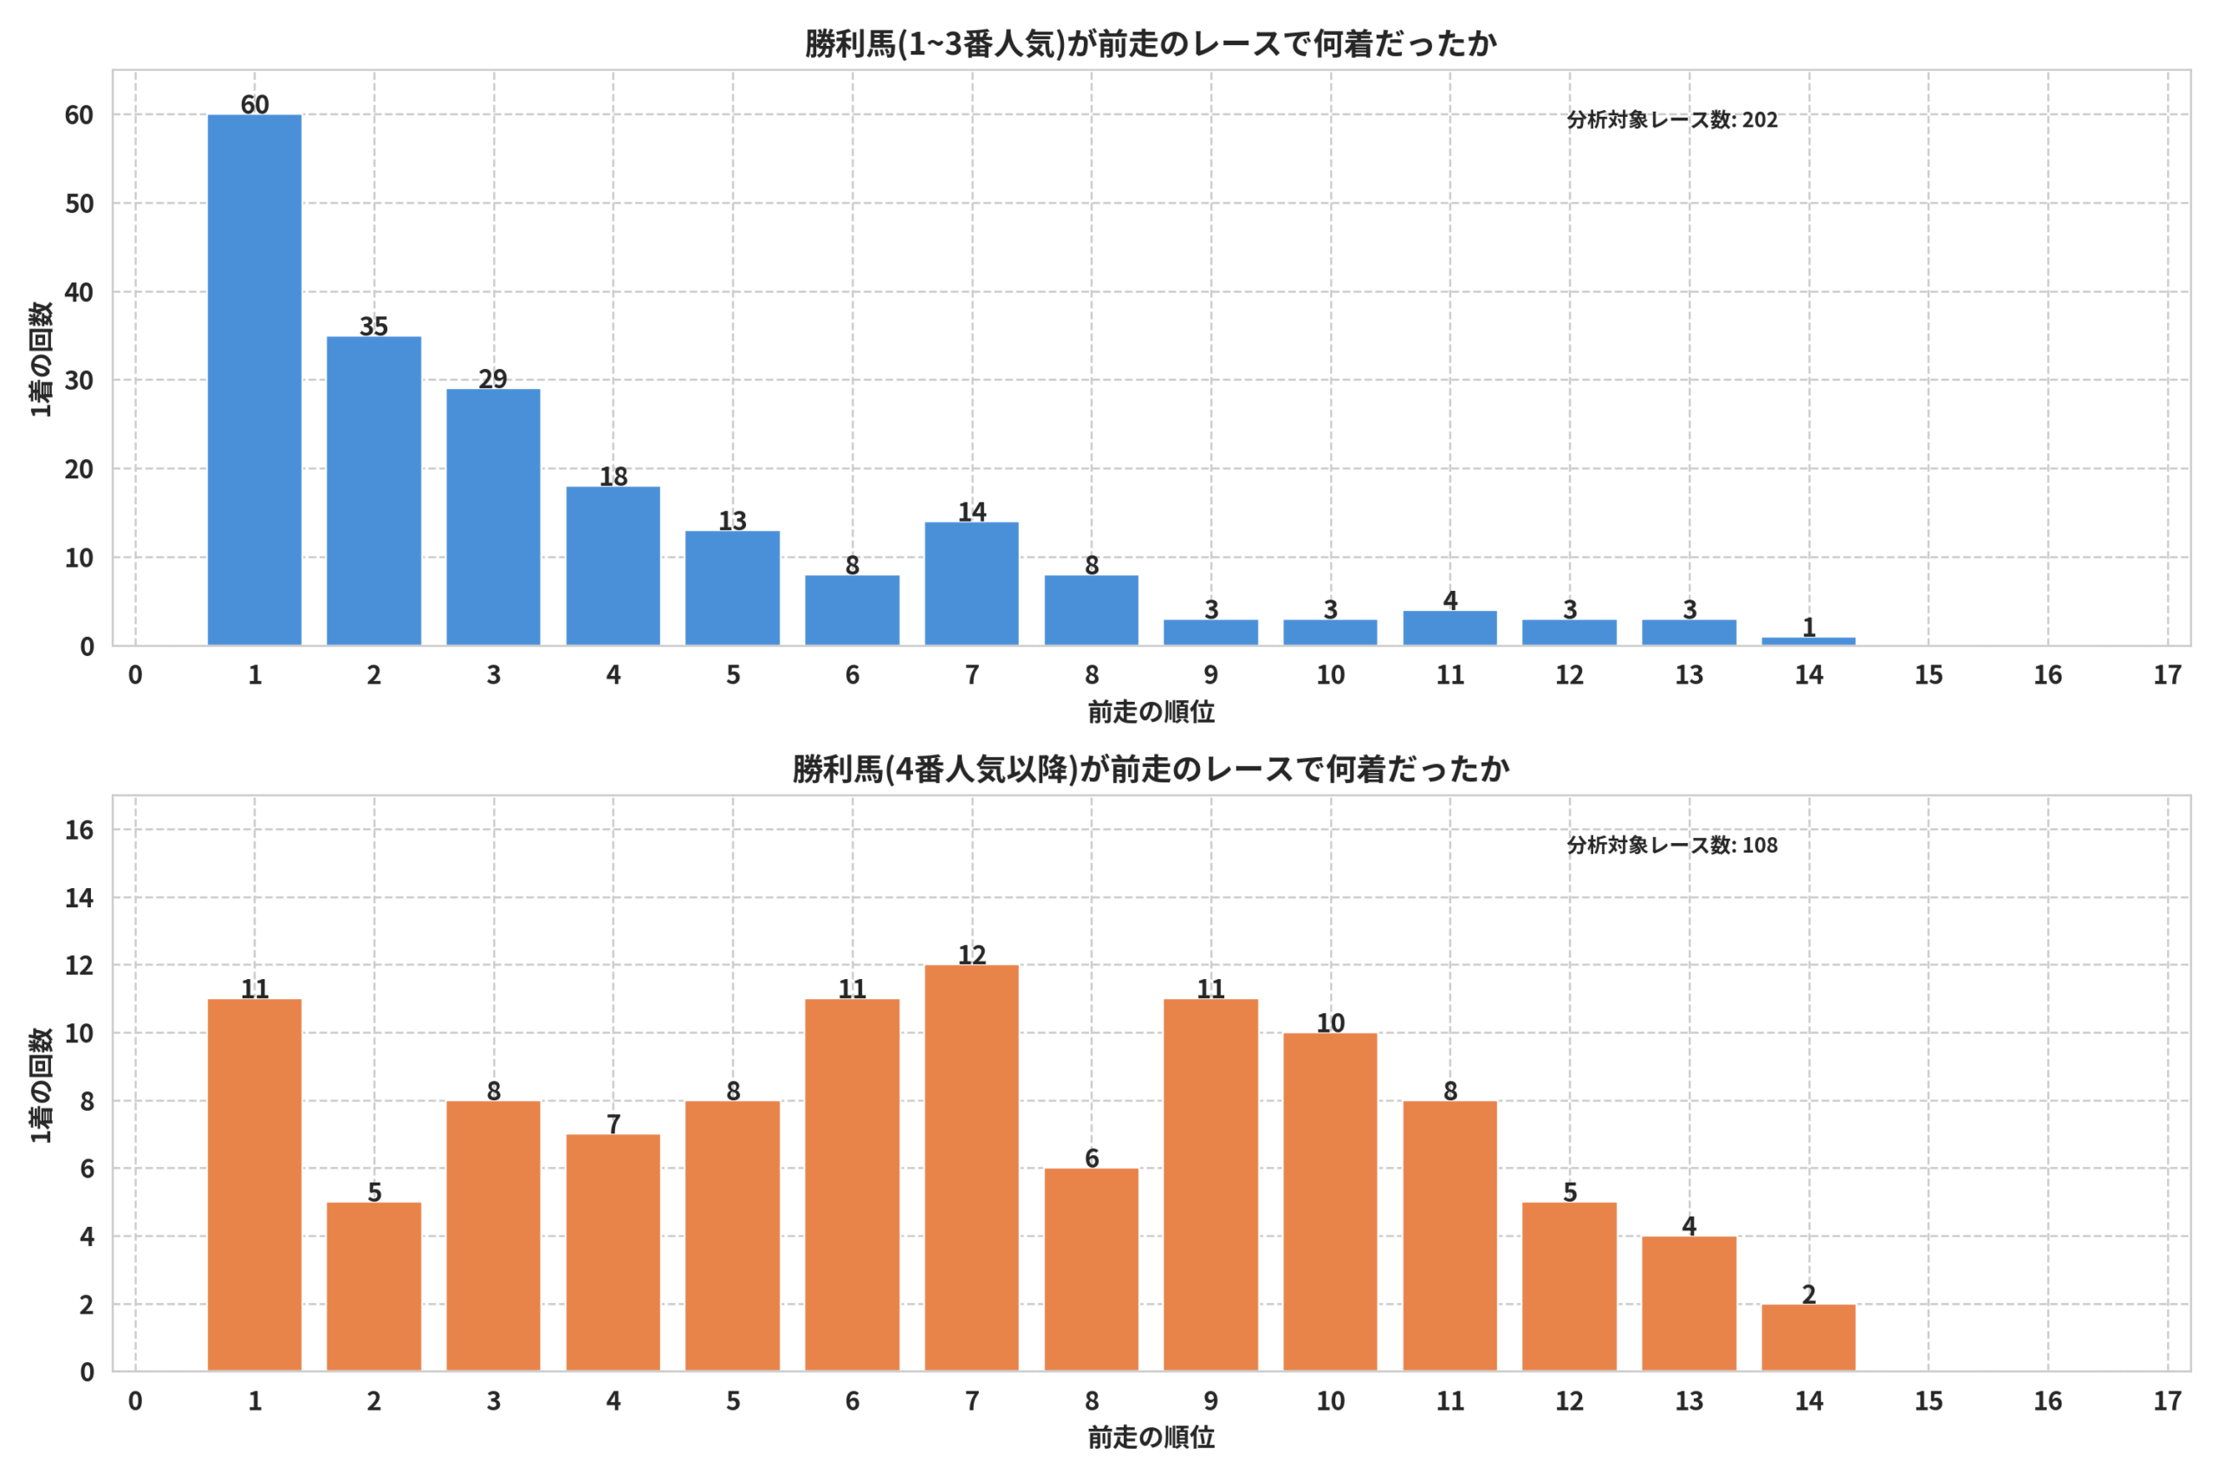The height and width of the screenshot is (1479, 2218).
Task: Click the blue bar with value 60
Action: click(255, 380)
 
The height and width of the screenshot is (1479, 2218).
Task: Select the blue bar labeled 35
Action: click(373, 491)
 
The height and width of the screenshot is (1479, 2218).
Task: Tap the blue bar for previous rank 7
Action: click(971, 584)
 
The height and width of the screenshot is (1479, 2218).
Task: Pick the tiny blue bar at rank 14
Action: click(1808, 641)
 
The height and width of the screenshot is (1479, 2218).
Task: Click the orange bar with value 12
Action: click(971, 1168)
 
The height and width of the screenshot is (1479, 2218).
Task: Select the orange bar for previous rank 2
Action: click(373, 1287)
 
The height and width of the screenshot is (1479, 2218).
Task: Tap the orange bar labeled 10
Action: click(1330, 1203)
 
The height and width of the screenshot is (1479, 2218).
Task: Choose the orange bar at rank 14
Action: click(1808, 1338)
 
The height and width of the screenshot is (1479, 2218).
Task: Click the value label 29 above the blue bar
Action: click(493, 379)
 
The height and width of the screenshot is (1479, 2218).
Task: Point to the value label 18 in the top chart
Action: click(613, 477)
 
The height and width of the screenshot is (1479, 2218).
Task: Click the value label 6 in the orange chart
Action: click(1091, 1158)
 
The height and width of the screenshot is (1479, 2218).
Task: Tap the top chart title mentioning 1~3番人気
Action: click(1151, 43)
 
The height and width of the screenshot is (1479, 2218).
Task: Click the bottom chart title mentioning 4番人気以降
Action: click(1151, 769)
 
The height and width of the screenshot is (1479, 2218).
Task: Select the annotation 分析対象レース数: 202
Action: click(1672, 120)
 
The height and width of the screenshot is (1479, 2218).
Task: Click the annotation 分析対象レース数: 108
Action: click(1672, 845)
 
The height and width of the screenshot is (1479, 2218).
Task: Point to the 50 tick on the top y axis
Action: click(79, 204)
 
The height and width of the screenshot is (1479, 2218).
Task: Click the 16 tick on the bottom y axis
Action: click(79, 830)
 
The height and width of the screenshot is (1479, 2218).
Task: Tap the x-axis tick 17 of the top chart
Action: click(2167, 674)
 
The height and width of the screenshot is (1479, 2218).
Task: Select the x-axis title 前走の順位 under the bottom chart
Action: click(1151, 1437)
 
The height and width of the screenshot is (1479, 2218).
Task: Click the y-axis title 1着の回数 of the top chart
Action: click(41, 359)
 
